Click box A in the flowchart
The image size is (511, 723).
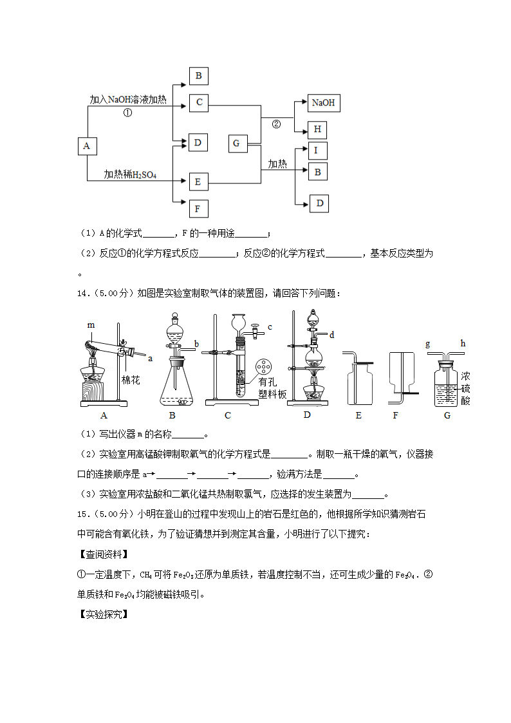tap(86, 146)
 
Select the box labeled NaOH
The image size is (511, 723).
tap(322, 103)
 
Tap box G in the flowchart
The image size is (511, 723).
tap(236, 143)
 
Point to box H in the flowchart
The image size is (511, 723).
tap(317, 129)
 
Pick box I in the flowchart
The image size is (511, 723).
tap(317, 151)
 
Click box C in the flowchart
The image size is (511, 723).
tap(199, 102)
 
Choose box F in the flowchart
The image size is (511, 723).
tap(198, 209)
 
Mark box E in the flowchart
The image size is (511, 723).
tap(198, 182)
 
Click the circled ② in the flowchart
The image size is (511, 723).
tap(277, 124)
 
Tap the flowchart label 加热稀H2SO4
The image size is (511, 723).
tap(131, 174)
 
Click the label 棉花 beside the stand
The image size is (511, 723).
tap(131, 380)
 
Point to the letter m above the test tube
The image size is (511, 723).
tap(91, 325)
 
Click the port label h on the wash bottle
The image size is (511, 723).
tap(462, 344)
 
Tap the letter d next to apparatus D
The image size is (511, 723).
tap(332, 335)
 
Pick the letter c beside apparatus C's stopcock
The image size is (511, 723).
tap(270, 327)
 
